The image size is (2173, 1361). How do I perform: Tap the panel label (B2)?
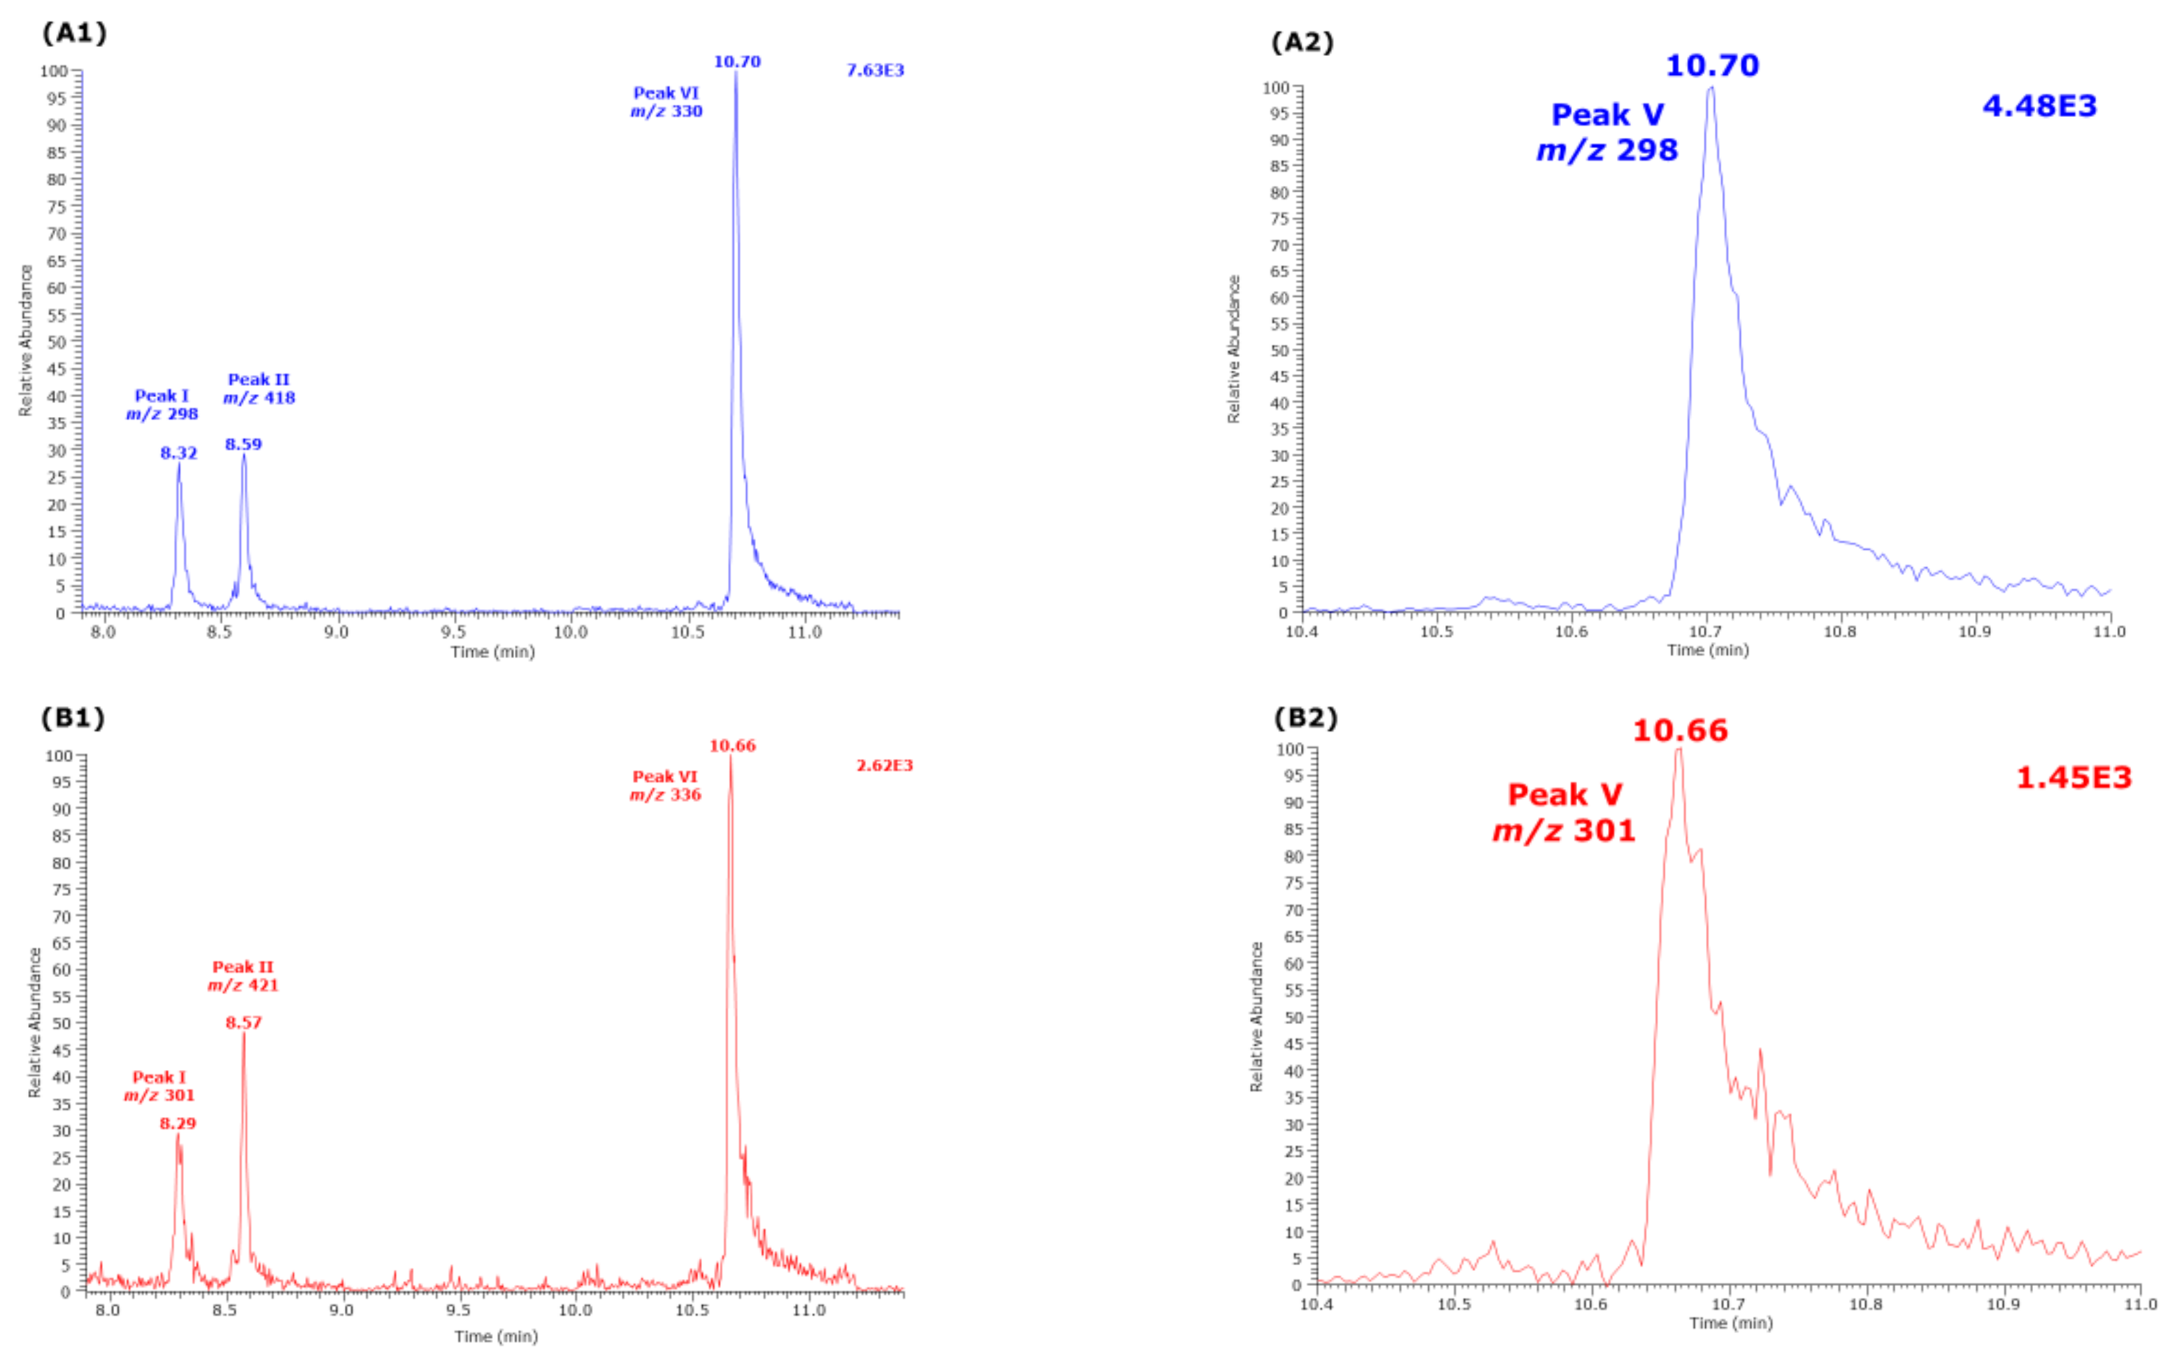coord(1305,718)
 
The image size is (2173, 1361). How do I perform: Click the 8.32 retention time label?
coord(178,453)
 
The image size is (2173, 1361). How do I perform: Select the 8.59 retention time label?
coord(243,444)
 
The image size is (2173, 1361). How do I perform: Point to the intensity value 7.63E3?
coord(875,70)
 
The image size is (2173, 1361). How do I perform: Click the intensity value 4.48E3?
coord(2039,106)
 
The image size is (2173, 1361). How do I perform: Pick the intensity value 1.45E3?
coord(2073,778)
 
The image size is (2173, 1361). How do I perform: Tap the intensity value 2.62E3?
coord(884,765)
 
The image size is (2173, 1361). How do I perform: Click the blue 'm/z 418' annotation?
coord(259,398)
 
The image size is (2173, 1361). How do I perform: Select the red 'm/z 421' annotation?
coord(243,985)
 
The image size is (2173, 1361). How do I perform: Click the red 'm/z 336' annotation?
coord(665,794)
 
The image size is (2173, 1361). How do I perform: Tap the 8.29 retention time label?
coord(178,1123)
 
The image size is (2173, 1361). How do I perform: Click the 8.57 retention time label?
coord(243,1022)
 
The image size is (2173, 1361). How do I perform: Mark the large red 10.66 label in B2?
coord(1680,730)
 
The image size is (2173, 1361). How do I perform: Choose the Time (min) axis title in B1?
coord(496,1336)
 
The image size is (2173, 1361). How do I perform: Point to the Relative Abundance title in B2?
coord(1257,1016)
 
